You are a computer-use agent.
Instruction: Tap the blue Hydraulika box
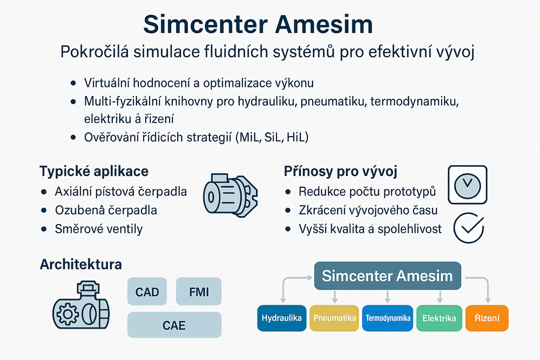tap(281, 318)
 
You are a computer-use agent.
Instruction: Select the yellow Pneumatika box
tap(335, 318)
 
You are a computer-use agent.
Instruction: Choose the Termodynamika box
tap(388, 318)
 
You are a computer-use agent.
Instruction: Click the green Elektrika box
tap(440, 318)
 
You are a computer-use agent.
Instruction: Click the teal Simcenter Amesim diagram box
tap(387, 276)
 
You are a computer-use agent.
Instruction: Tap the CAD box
tap(147, 293)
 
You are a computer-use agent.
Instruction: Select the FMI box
tap(199, 293)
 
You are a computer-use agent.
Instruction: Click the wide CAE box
tap(174, 325)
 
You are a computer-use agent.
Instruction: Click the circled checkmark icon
tap(468, 229)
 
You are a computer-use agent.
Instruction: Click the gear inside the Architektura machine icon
tap(67, 313)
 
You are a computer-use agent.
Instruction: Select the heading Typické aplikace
tap(94, 172)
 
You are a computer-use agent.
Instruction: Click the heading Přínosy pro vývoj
tap(341, 172)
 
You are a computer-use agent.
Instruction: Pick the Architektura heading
tap(80, 264)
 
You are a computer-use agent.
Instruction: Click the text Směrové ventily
tap(99, 229)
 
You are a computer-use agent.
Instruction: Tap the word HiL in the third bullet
tap(295, 137)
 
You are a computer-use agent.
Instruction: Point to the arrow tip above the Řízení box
tap(488, 301)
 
